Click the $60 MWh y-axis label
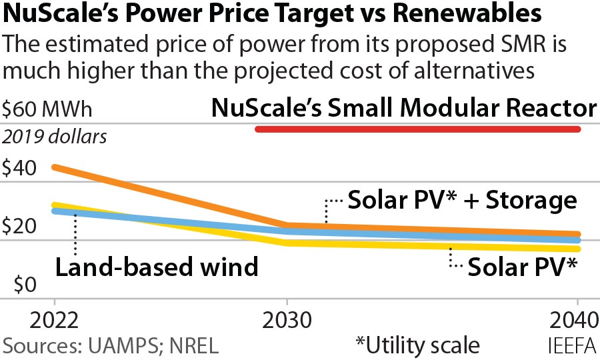48,109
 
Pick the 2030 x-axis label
287,321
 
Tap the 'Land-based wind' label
156,267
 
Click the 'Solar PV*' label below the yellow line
522,267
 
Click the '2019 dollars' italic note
55,137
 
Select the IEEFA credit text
570,345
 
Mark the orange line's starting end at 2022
55,167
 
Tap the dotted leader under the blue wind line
75,235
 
